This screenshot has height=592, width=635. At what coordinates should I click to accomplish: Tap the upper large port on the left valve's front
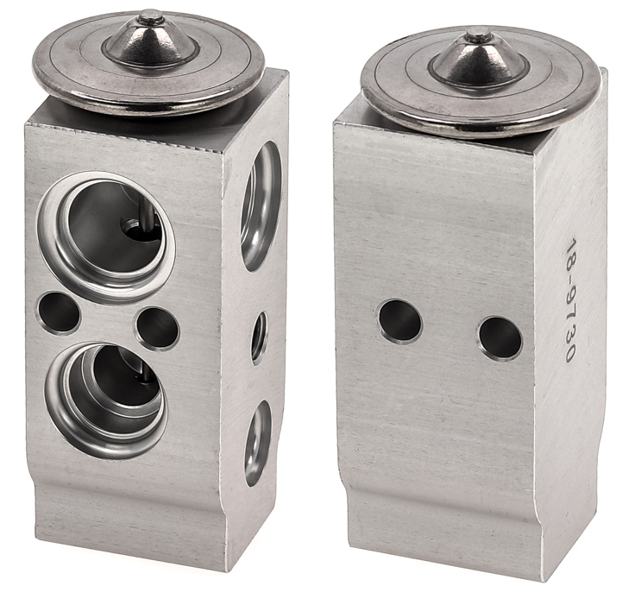point(107,236)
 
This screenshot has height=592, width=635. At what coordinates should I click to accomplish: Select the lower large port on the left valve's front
point(106,401)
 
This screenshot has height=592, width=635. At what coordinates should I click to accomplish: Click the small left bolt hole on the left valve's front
point(59,312)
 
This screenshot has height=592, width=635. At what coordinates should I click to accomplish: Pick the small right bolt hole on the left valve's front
point(157,329)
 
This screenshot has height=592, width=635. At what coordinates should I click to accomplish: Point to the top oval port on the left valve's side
point(261,206)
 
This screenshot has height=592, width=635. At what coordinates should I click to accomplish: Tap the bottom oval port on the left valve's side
point(258,444)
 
